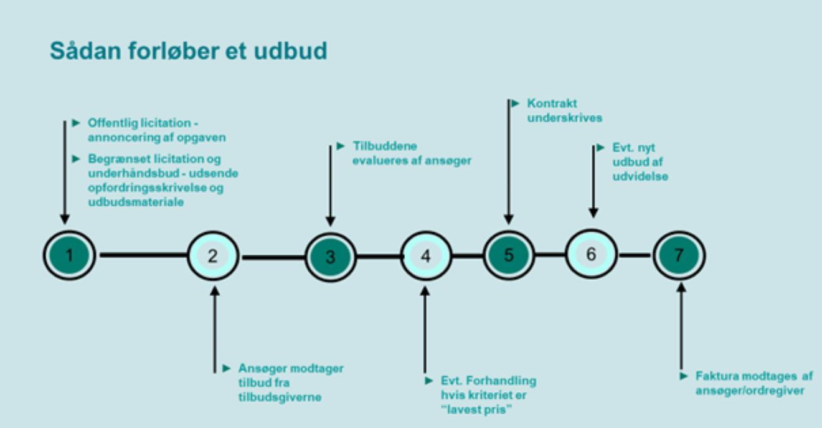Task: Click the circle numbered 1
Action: pyautogui.click(x=69, y=255)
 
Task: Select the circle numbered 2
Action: pyautogui.click(x=213, y=255)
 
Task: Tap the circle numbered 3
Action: pyautogui.click(x=330, y=256)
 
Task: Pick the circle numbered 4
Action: pyautogui.click(x=425, y=255)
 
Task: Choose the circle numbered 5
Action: pyautogui.click(x=509, y=255)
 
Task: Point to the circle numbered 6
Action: pyautogui.click(x=591, y=254)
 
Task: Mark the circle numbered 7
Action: pyautogui.click(x=679, y=255)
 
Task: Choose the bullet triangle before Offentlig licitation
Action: pyautogui.click(x=77, y=122)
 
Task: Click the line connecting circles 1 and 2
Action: pyautogui.click(x=143, y=255)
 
